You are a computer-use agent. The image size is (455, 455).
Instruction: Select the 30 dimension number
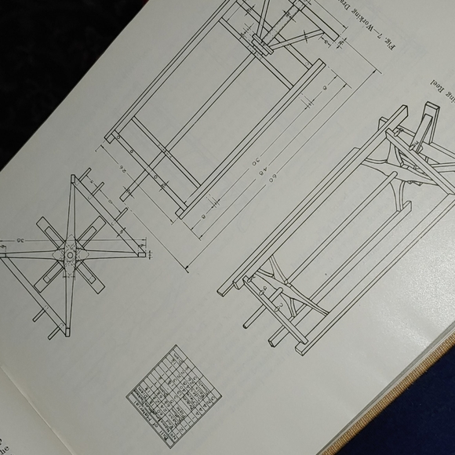(232, 160)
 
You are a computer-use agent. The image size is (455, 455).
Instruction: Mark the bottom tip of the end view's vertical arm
(67, 334)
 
